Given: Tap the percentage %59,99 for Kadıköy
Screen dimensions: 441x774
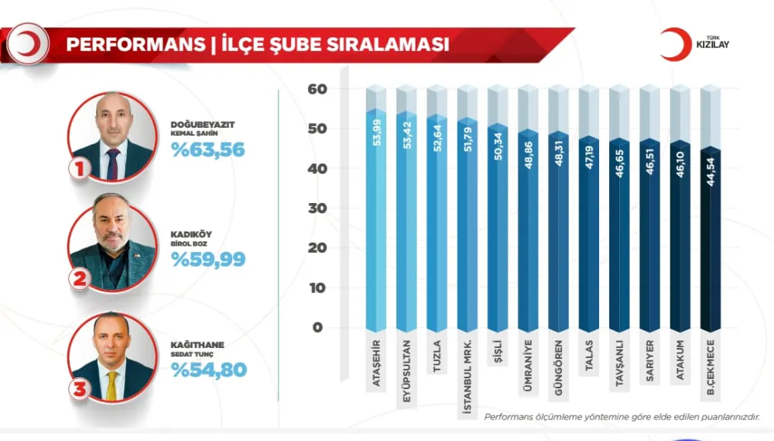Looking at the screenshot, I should pyautogui.click(x=207, y=260).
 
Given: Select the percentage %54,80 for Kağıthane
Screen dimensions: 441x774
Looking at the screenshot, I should pyautogui.click(x=207, y=370).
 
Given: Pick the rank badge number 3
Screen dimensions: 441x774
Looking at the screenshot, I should pyautogui.click(x=78, y=390).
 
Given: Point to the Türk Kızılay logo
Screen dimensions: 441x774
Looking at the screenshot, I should pyautogui.click(x=694, y=44).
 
